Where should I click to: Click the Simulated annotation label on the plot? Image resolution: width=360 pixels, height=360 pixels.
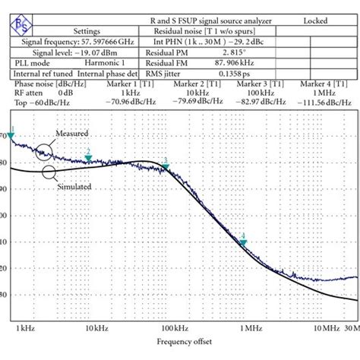coord(74,186)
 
